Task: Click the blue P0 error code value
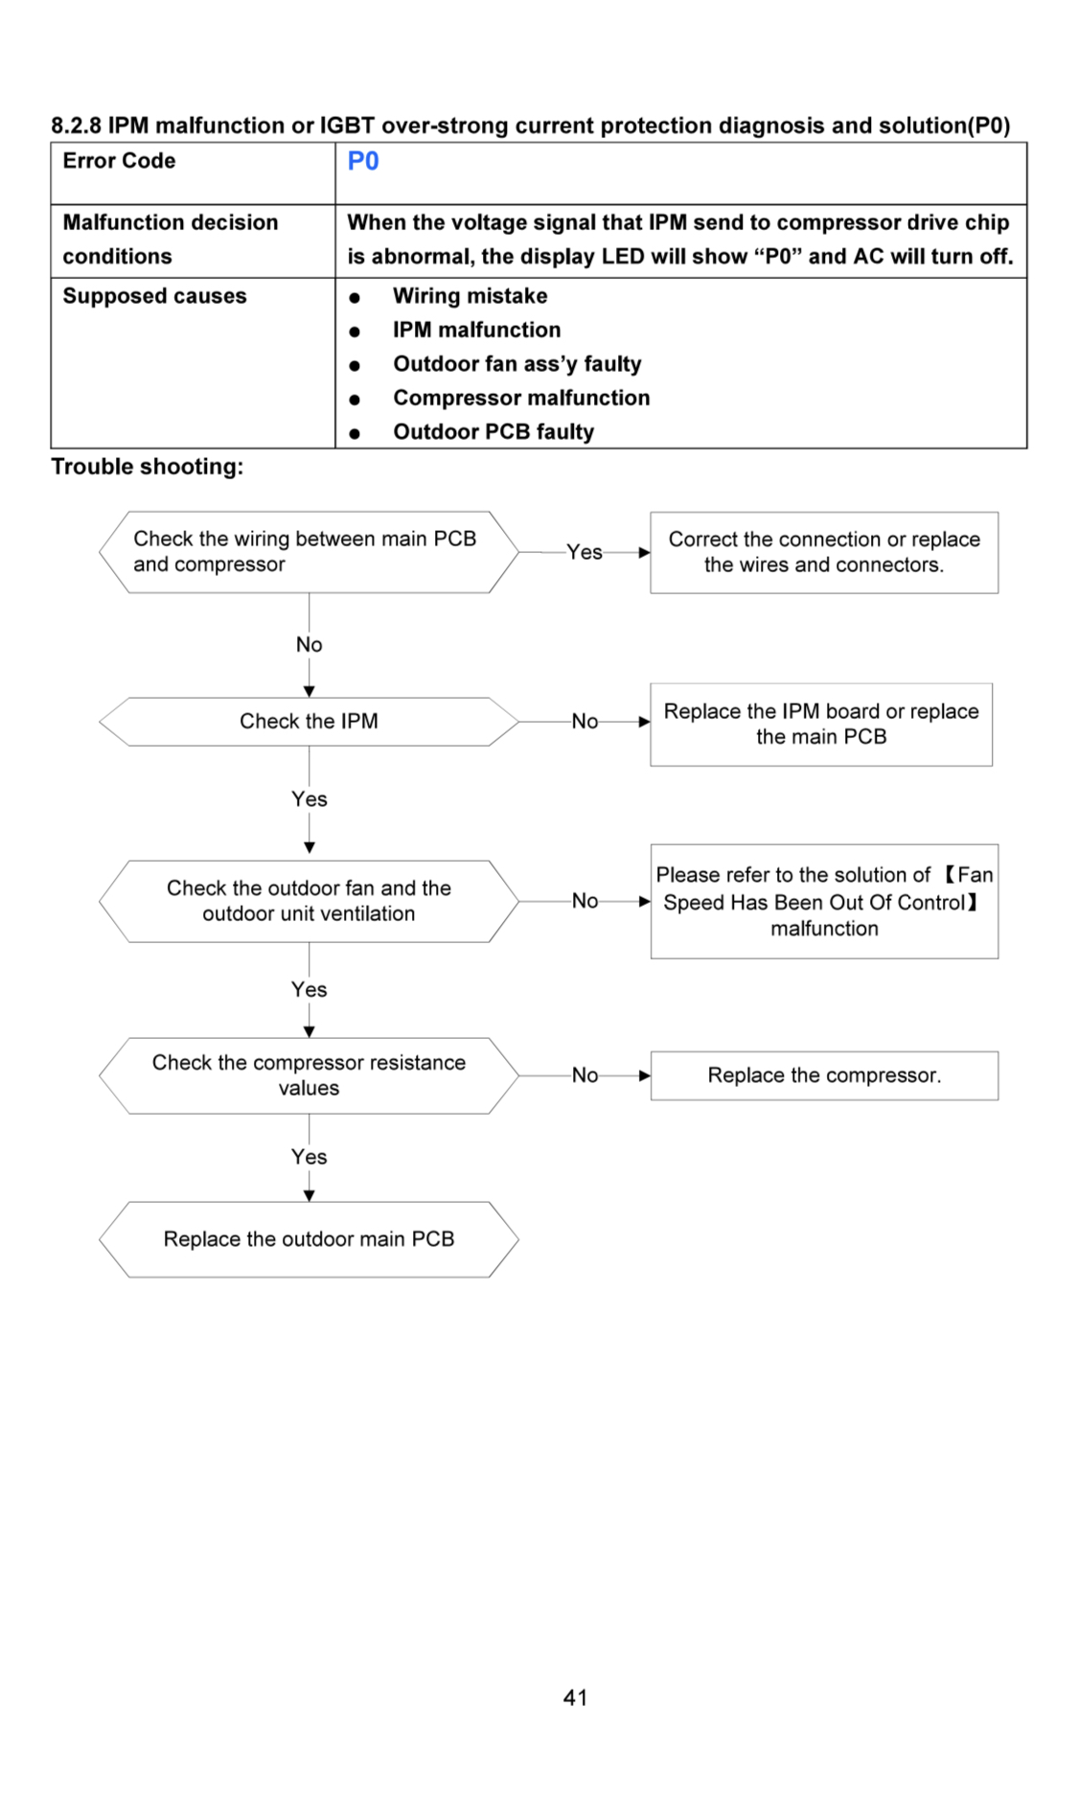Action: coord(362,161)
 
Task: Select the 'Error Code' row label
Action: coord(119,161)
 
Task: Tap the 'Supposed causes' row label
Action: coord(154,296)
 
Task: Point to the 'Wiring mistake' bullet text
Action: coord(470,296)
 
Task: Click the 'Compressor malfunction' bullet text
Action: coord(521,398)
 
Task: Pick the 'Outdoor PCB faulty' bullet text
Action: coord(493,432)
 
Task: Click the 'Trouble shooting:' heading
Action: coord(147,467)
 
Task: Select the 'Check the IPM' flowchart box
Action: coord(309,722)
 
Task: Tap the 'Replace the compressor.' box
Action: coord(824,1075)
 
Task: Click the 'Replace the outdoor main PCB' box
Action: coord(309,1239)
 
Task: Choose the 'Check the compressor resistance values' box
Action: coord(309,1075)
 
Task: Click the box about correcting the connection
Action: coord(824,552)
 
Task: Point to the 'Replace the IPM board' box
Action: coord(821,725)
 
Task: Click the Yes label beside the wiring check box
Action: coord(585,552)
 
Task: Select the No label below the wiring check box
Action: coord(309,645)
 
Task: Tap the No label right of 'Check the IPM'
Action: coord(585,722)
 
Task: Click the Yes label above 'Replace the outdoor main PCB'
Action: coord(309,1157)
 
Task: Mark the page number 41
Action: coord(575,1697)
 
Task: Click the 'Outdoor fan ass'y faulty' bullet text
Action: coord(517,364)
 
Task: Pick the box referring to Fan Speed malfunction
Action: coord(824,902)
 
